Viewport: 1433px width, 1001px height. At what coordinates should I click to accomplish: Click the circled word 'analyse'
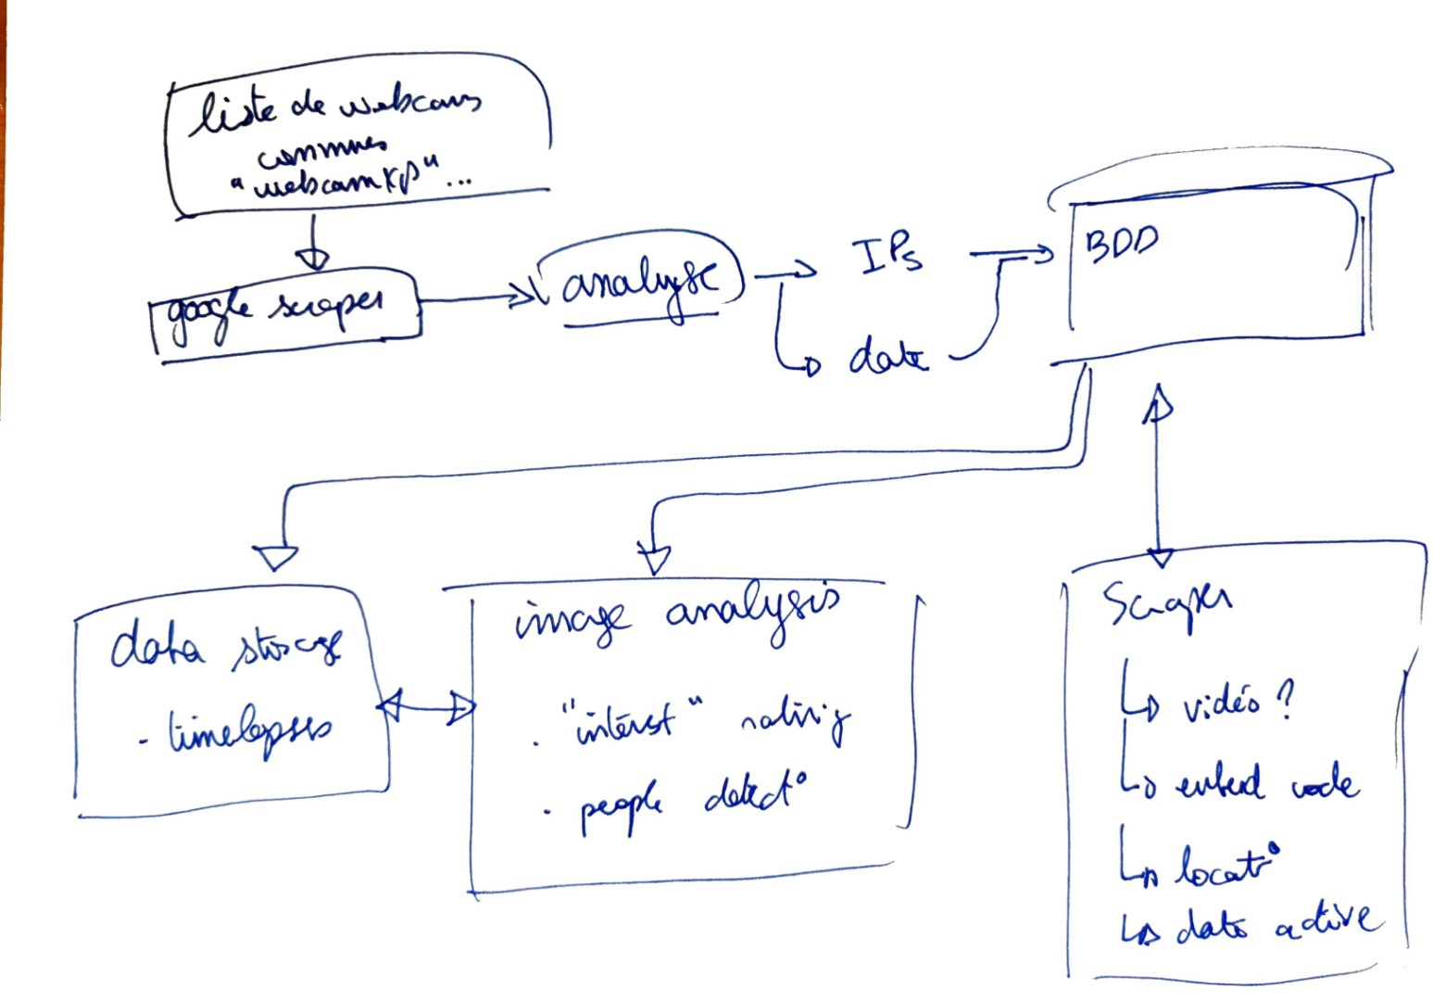pyautogui.click(x=638, y=278)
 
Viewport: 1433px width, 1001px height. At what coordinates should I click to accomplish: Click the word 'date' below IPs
pyautogui.click(x=886, y=357)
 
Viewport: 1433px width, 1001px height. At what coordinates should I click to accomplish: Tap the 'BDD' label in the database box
pyautogui.click(x=1121, y=243)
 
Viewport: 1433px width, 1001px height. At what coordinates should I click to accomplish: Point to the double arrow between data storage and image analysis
pyautogui.click(x=427, y=707)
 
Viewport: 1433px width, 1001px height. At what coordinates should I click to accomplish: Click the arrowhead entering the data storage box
pyautogui.click(x=275, y=557)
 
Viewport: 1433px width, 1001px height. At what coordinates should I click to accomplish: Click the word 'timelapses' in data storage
pyautogui.click(x=248, y=732)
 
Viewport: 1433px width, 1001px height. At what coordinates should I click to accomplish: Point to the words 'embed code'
pyautogui.click(x=1265, y=783)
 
